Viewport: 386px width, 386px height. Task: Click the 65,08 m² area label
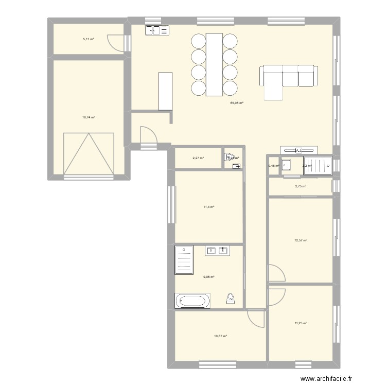pyautogui.click(x=237, y=103)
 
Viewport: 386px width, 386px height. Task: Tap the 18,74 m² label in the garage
pyautogui.click(x=89, y=117)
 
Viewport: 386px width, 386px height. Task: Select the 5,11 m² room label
pyautogui.click(x=89, y=39)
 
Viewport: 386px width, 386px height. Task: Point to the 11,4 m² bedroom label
pyautogui.click(x=208, y=207)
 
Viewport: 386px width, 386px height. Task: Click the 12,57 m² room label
pyautogui.click(x=301, y=240)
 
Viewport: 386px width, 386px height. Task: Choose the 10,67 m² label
pyautogui.click(x=220, y=336)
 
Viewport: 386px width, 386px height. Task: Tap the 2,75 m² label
pyautogui.click(x=301, y=186)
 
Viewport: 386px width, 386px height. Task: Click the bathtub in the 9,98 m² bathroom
pyautogui.click(x=192, y=301)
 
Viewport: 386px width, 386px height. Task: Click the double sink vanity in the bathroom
pyautogui.click(x=217, y=251)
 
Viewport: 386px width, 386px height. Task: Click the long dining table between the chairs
pyautogui.click(x=214, y=64)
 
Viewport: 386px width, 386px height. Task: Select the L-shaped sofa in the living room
pyautogui.click(x=288, y=78)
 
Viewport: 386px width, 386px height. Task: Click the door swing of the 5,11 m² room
pyautogui.click(x=115, y=43)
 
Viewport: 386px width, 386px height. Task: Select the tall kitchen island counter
pyautogui.click(x=165, y=91)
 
